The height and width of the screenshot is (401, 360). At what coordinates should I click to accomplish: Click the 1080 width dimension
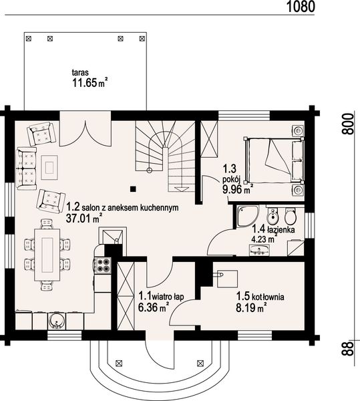[x=300, y=7]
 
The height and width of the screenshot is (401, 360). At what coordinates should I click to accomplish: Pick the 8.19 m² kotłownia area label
[x=252, y=308]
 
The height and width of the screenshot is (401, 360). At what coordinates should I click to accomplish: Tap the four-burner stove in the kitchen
[x=103, y=265]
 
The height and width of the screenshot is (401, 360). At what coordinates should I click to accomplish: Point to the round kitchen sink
[x=59, y=321]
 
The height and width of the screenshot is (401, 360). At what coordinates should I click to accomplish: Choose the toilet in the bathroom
[x=289, y=216]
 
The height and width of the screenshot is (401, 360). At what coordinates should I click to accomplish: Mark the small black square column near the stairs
[x=134, y=188]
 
